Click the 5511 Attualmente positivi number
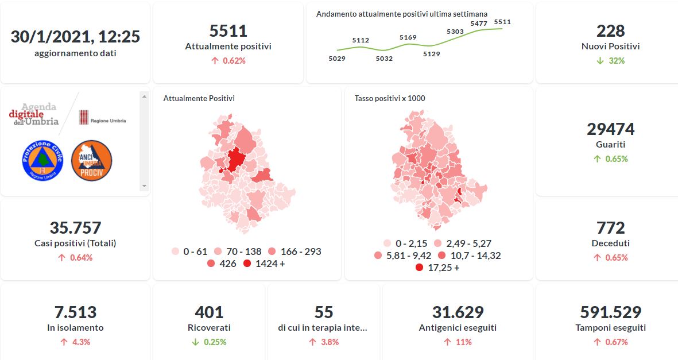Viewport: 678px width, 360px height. click(228, 30)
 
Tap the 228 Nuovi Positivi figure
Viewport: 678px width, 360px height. click(610, 30)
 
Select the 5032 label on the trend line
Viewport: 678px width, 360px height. click(384, 58)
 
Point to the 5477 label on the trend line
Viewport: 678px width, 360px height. click(479, 24)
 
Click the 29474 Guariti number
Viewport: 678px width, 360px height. click(610, 129)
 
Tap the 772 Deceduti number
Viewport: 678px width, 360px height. click(610, 227)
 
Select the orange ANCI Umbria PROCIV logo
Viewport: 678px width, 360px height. click(92, 161)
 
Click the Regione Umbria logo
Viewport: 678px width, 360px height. click(102, 117)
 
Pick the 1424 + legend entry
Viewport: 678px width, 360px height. click(264, 264)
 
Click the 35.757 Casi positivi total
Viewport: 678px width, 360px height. click(75, 227)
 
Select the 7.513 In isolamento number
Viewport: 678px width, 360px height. click(75, 312)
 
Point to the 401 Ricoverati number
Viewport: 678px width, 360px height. click(209, 312)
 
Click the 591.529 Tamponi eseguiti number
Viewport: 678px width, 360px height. click(610, 312)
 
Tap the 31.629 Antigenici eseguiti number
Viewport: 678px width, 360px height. click(458, 312)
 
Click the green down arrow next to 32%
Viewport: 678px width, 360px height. click(600, 61)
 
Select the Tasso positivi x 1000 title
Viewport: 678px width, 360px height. click(390, 98)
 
